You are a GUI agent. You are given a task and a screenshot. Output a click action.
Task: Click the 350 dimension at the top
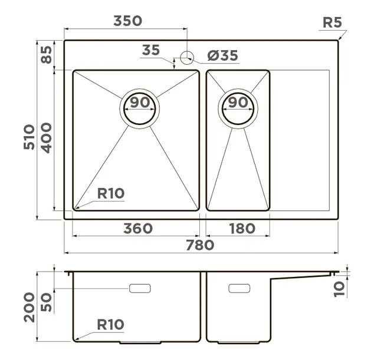coord(127,21)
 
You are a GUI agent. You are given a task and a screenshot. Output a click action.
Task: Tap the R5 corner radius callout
coord(332,22)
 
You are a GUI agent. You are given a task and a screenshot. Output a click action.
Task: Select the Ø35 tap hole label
coord(222,55)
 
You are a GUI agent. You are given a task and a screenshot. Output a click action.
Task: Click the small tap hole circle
coord(187,58)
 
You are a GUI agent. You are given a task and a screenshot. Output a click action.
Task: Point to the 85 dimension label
coord(46,55)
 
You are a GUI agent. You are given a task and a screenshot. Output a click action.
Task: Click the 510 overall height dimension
coord(29,137)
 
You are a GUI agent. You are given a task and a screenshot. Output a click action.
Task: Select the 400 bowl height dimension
coord(46,138)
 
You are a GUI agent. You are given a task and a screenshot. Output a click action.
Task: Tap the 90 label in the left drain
coord(140,103)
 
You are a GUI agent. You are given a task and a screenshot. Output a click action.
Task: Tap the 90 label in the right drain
coord(238,103)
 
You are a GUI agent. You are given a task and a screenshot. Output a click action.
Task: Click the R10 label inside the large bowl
coord(111,193)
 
